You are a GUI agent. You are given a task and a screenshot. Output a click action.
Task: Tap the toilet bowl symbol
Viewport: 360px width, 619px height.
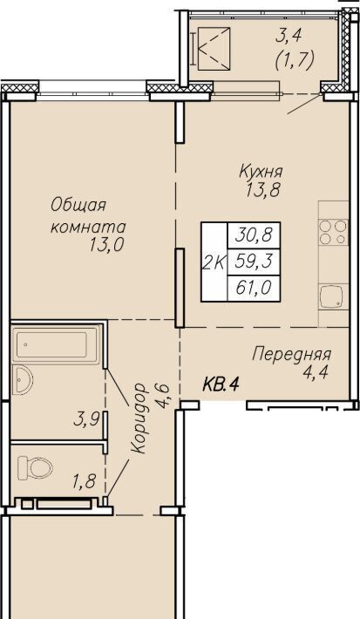point(36,468)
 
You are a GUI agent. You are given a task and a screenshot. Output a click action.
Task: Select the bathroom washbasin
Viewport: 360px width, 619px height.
point(22,379)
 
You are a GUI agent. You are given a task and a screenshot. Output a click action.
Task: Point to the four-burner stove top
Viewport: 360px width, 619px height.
point(334,232)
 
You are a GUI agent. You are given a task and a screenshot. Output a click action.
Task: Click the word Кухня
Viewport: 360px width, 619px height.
point(261,172)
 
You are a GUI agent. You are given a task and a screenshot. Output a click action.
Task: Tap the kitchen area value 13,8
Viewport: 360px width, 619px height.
point(263,191)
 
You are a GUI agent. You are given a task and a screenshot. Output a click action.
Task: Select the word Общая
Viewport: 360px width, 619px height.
point(78,206)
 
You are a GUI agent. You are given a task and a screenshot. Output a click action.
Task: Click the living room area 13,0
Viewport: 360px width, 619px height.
point(106,245)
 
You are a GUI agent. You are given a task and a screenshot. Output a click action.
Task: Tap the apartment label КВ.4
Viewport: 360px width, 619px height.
point(221,384)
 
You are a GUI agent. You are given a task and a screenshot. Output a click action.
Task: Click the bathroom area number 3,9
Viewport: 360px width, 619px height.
point(85,420)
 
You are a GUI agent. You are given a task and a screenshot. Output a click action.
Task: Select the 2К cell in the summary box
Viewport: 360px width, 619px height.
point(214,262)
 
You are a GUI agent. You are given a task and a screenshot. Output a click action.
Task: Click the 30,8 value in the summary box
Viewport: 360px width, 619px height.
point(255,235)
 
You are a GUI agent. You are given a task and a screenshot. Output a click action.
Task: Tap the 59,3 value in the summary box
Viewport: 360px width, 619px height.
point(255,261)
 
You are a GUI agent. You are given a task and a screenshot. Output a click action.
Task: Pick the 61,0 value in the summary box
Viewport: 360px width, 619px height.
point(255,289)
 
